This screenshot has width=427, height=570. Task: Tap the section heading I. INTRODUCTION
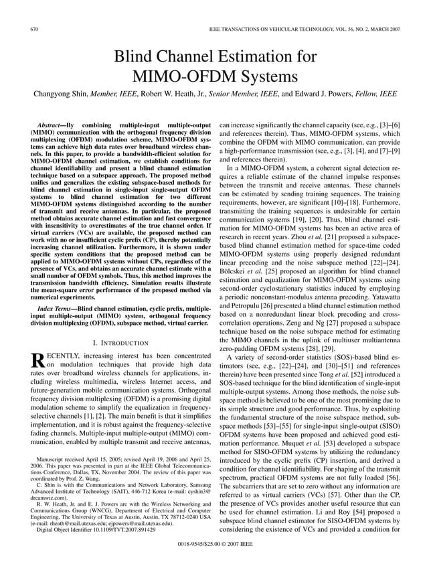pos(120,342)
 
